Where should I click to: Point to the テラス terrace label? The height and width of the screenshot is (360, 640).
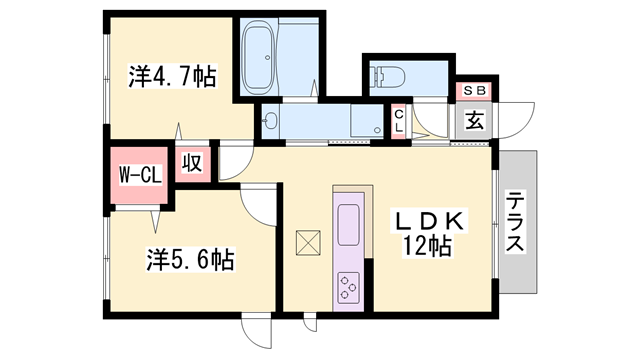[516, 222]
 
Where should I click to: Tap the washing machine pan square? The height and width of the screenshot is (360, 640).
[367, 121]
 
